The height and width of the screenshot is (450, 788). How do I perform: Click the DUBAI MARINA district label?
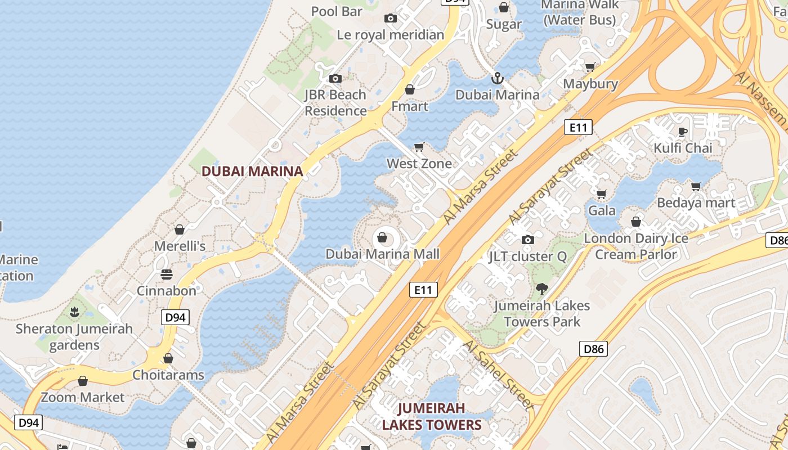tap(252, 171)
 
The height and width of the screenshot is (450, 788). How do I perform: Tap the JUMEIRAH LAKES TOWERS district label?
tap(432, 416)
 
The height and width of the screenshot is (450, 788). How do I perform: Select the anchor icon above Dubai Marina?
tap(496, 78)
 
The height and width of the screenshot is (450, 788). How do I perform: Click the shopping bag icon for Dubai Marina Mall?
tap(382, 237)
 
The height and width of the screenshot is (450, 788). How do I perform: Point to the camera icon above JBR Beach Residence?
tap(335, 78)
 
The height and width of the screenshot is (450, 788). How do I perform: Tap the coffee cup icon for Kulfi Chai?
tap(682, 132)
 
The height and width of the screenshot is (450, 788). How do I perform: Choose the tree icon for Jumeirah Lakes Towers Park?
tap(542, 289)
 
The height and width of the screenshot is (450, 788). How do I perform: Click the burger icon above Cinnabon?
tap(167, 274)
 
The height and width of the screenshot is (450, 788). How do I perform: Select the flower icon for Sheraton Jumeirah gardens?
tap(74, 312)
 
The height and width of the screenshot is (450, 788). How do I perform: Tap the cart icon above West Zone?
tap(419, 147)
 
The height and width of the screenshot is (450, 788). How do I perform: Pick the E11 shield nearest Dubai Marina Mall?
tap(423, 290)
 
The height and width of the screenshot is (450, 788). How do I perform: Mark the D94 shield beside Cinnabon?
tap(176, 317)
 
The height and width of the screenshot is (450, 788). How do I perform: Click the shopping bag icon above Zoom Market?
tap(83, 381)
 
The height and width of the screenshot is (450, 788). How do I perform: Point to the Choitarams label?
tap(168, 375)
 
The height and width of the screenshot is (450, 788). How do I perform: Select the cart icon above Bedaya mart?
tap(696, 186)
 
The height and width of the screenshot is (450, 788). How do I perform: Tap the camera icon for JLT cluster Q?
tap(527, 240)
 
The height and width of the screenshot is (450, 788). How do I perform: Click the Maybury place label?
tap(590, 84)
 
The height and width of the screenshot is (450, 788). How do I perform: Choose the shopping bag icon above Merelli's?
tap(180, 229)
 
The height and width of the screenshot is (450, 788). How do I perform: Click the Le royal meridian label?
tap(391, 35)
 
